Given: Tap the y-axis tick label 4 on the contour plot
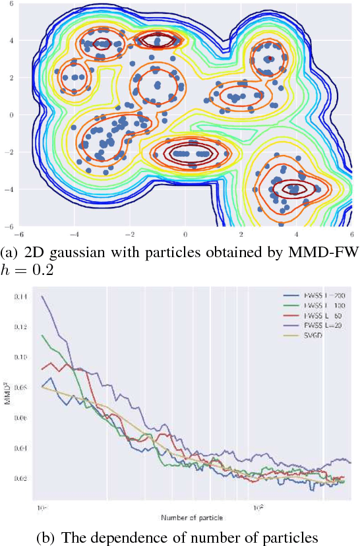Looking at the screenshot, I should click(x=12, y=40).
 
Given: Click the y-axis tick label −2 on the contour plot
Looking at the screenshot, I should click(x=10, y=152).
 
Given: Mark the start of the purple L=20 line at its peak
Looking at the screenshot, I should click(x=42, y=296).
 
